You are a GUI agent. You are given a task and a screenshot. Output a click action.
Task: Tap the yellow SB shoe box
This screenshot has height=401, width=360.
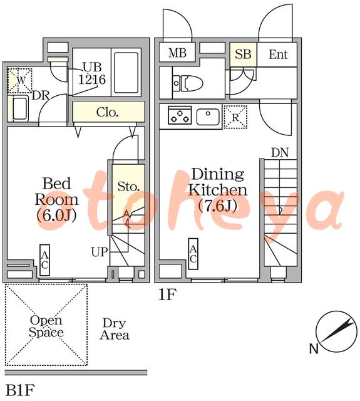[x=243, y=55]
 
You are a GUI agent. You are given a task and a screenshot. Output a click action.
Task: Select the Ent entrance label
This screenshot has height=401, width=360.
[x=278, y=55]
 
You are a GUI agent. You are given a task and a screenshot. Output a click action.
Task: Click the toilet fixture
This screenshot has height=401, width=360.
[x=188, y=83]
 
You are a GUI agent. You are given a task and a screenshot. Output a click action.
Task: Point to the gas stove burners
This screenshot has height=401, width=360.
[x=180, y=115]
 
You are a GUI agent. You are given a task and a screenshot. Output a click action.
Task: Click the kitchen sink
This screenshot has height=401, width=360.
[x=208, y=117]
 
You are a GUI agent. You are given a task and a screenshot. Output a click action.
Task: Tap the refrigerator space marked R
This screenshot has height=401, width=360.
[x=235, y=117]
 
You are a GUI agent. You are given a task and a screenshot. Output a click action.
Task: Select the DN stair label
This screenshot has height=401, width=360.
[x=280, y=153]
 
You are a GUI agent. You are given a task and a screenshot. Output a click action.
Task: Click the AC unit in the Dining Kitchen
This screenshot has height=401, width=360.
[x=193, y=254]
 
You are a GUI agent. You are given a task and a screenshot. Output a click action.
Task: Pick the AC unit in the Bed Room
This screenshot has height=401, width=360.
[x=44, y=260]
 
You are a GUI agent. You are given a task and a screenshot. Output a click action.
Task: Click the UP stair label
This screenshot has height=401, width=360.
[x=100, y=252]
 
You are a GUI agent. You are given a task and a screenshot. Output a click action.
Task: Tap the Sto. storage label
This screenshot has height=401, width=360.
[x=128, y=187]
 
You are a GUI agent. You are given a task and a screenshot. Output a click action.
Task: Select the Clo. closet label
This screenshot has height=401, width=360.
[x=107, y=112]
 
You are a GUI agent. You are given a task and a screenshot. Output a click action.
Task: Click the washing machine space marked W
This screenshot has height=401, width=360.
[x=20, y=81]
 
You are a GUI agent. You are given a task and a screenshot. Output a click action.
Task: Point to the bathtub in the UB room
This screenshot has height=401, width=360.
[x=126, y=73]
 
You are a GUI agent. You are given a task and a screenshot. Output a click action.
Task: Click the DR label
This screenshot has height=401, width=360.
[x=41, y=95]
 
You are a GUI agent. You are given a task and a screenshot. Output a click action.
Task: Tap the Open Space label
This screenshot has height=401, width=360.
[x=46, y=326]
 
